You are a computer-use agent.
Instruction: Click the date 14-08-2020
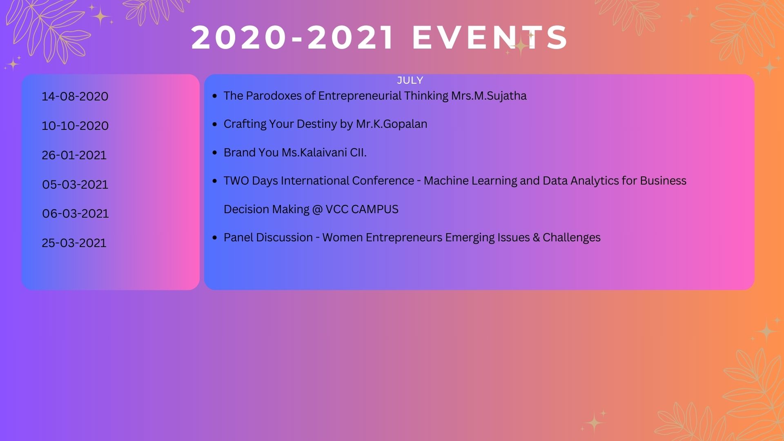(x=75, y=96)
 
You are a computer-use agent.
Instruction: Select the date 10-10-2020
(x=75, y=126)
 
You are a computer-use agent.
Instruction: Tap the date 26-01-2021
(x=74, y=155)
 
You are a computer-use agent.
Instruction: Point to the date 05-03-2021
(x=75, y=185)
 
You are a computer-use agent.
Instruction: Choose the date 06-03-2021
(x=76, y=214)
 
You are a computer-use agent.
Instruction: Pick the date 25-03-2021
(x=74, y=243)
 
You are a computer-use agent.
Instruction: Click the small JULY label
(x=410, y=80)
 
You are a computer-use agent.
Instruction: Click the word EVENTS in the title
(x=490, y=38)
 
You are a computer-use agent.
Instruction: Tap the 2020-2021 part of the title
(x=292, y=38)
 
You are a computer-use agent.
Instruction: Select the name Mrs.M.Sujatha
(x=489, y=96)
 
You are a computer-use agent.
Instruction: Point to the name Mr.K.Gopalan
(x=392, y=124)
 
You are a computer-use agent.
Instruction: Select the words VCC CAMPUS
(x=362, y=209)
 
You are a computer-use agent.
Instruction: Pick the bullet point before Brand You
(x=215, y=153)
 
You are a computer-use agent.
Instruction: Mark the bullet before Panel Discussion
(x=215, y=238)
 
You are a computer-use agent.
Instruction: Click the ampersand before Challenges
(x=536, y=238)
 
